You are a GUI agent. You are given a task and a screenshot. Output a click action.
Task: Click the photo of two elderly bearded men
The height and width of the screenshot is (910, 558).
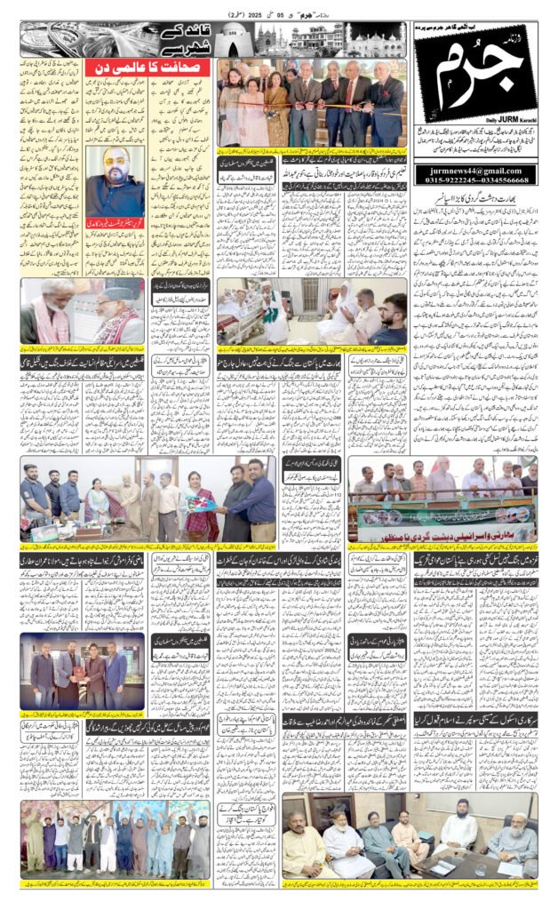click(82, 313)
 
